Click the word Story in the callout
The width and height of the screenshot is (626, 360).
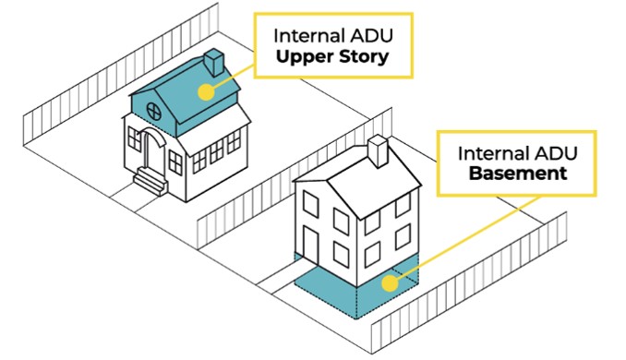pyautogui.click(x=363, y=57)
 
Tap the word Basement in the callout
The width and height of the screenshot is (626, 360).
pyautogui.click(x=518, y=174)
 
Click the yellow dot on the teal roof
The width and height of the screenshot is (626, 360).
pyautogui.click(x=206, y=91)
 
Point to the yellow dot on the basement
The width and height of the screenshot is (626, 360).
pyautogui.click(x=390, y=283)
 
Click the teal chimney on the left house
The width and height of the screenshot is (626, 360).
pyautogui.click(x=213, y=62)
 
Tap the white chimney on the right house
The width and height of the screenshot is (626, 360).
pyautogui.click(x=378, y=150)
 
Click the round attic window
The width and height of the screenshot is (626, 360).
pyautogui.click(x=154, y=112)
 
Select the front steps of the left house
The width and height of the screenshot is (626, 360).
pyautogui.click(x=150, y=181)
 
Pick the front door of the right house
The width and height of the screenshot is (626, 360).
pyautogui.click(x=310, y=246)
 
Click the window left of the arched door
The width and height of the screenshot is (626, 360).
pyautogui.click(x=135, y=138)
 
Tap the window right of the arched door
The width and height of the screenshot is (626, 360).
pyautogui.click(x=175, y=162)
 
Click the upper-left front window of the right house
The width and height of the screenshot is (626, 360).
pyautogui.click(x=310, y=204)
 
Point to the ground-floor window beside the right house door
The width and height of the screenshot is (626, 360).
pyautogui.click(x=341, y=255)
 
